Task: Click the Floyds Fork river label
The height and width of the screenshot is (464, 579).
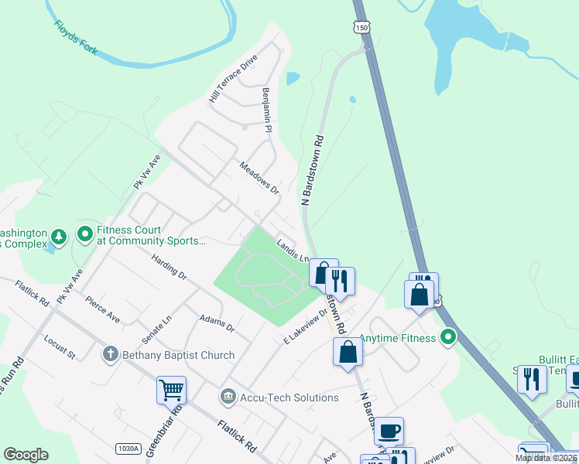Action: [x=75, y=37]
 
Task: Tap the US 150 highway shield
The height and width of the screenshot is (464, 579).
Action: [x=362, y=27]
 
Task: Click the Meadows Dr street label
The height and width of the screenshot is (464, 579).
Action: [x=259, y=177]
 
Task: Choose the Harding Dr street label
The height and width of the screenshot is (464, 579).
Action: [x=170, y=267]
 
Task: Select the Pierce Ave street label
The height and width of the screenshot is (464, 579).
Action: [x=103, y=309]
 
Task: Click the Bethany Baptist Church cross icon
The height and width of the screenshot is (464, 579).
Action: [x=111, y=354]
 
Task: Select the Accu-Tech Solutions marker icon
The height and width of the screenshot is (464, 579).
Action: [x=228, y=397]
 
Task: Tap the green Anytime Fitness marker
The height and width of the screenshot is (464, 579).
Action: [x=447, y=336]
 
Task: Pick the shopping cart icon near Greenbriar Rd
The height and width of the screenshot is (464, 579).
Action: [x=171, y=390]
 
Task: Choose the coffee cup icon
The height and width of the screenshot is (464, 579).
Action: [x=389, y=430]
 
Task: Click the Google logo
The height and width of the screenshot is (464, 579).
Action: [x=26, y=455]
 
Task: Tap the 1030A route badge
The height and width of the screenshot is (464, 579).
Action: [x=128, y=449]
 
